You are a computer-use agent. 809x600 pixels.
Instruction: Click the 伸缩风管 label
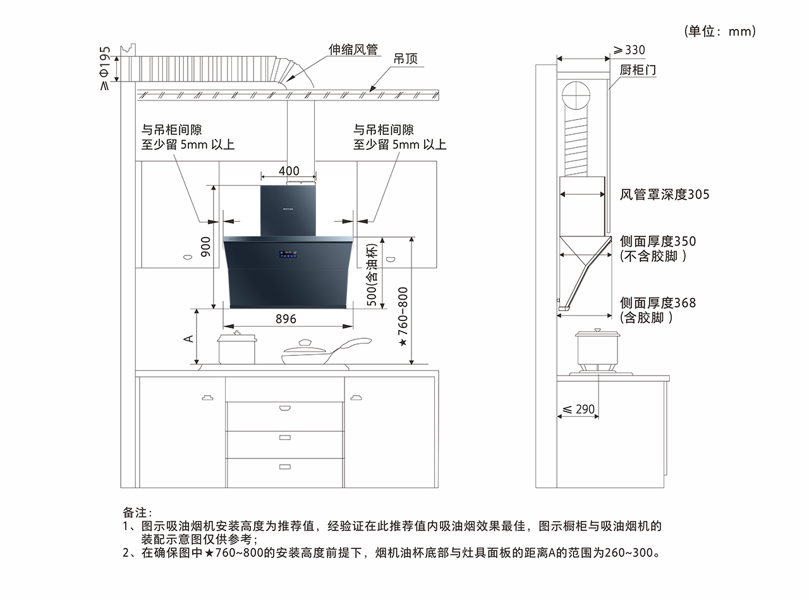[x=353, y=50]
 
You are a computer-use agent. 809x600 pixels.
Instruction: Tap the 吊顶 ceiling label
[x=405, y=59]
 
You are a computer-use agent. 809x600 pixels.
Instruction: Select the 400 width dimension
[x=289, y=171]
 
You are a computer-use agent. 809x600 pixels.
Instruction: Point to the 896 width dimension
[x=286, y=319]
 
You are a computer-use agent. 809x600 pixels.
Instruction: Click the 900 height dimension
[x=205, y=247]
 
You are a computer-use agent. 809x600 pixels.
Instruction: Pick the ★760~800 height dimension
[x=403, y=317]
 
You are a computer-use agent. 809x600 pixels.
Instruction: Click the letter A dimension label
[x=188, y=338]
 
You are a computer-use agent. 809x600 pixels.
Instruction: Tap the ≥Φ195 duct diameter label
[x=106, y=68]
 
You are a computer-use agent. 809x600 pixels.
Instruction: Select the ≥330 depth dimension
[x=630, y=50]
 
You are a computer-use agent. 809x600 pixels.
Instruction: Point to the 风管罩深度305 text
[x=664, y=194]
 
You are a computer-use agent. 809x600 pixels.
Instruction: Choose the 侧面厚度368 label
[x=658, y=303]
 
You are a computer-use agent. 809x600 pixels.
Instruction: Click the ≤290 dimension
[x=579, y=409]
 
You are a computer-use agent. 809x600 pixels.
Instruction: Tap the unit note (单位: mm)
[x=720, y=31]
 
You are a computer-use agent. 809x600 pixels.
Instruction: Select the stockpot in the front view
[x=237, y=348]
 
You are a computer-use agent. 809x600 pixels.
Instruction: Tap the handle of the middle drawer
[x=284, y=437]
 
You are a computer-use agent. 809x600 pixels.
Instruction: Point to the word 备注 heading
[x=137, y=512]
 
